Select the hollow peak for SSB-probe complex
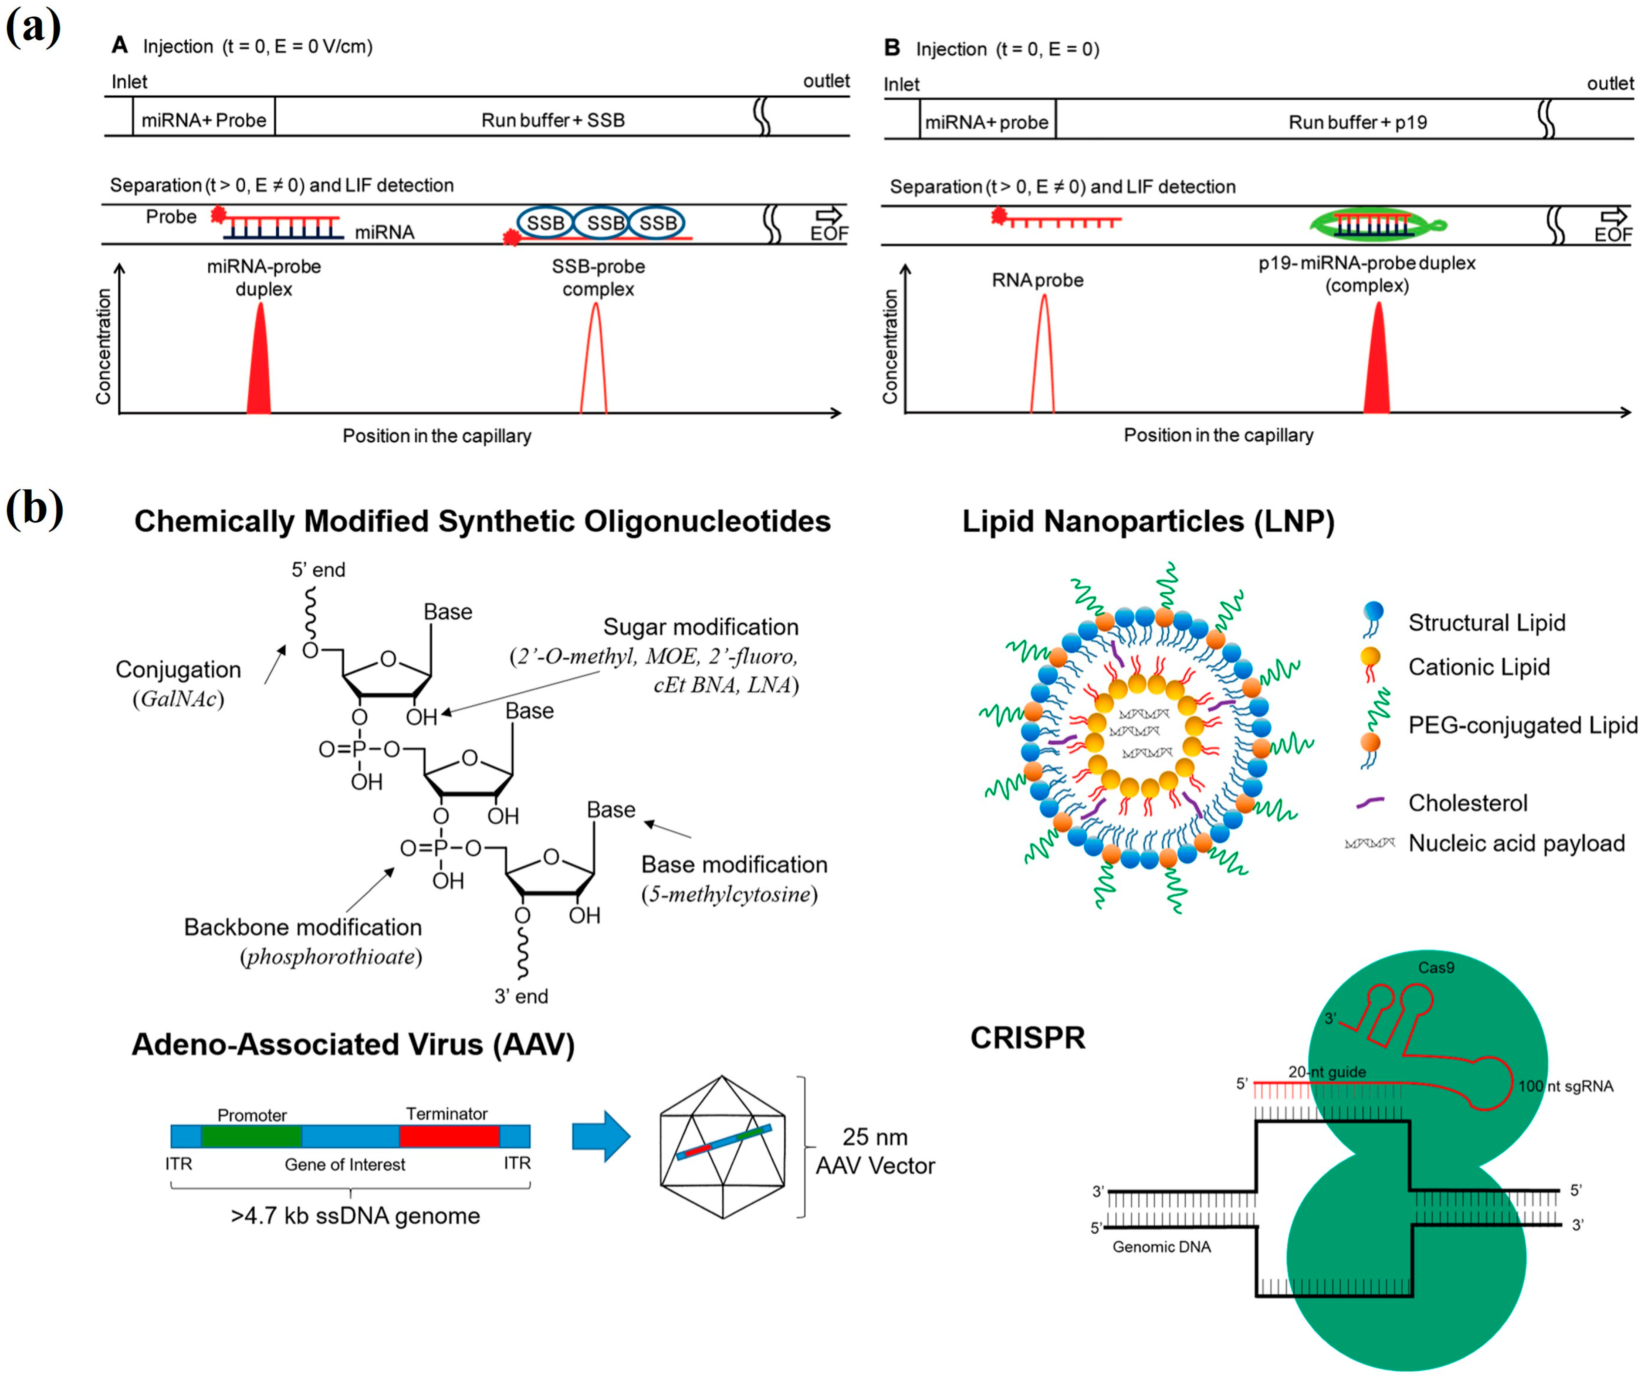pos(594,360)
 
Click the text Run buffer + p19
pos(1357,122)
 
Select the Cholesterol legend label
pos(1467,803)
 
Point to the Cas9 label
pos(1436,967)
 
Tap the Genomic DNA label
pos(1161,1246)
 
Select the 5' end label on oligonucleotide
pos(318,570)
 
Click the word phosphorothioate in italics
pos(331,957)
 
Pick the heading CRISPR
pos(1027,1037)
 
